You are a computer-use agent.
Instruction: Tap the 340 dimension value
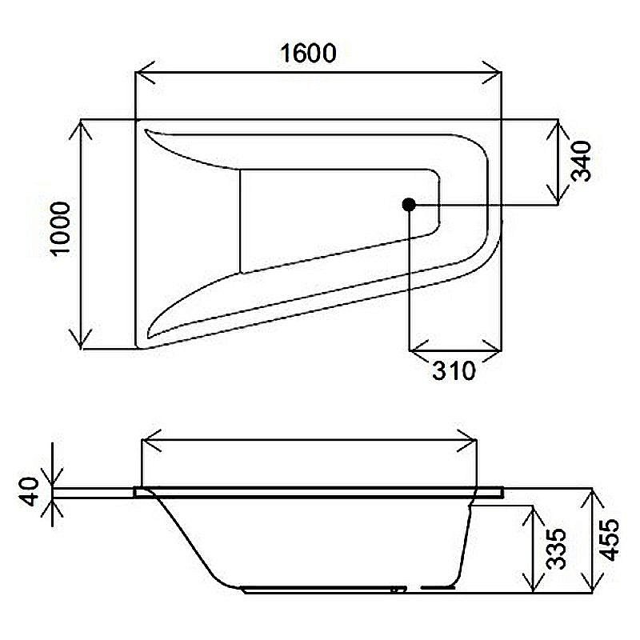[x=581, y=161]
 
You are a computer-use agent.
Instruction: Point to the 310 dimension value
[x=453, y=370]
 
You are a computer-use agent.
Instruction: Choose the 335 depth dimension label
[x=557, y=548]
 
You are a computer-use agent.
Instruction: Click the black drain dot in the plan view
[x=408, y=205]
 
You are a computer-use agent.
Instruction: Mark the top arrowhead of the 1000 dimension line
[x=83, y=126]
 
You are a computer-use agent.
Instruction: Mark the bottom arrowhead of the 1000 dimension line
[x=83, y=342]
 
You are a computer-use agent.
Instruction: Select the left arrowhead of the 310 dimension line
[x=415, y=350]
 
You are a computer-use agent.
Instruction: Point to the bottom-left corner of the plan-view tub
[x=141, y=345]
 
